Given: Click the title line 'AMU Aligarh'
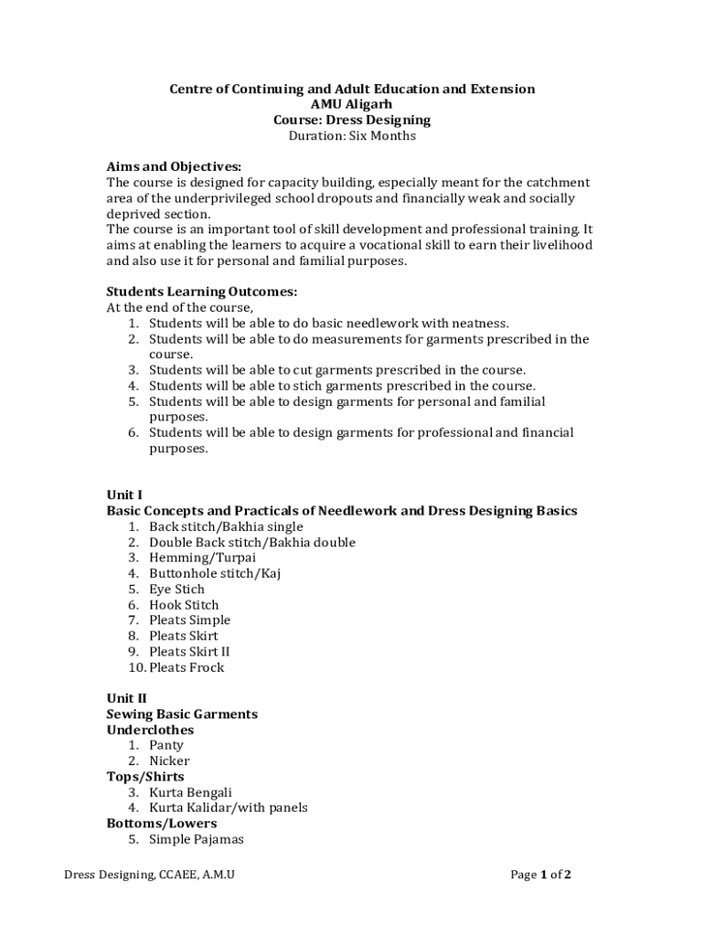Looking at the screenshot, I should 352,104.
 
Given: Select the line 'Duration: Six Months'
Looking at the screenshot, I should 352,136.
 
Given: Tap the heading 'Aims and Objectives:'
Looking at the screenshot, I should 174,166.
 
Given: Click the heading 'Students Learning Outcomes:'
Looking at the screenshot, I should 201,292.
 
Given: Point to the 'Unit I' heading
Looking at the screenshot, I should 124,495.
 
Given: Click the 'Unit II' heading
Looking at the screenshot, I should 126,698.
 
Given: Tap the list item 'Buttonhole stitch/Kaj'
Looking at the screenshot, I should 215,573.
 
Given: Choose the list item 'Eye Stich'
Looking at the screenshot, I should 176,589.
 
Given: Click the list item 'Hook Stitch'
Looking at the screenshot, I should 184,604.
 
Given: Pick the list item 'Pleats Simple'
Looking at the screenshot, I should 189,620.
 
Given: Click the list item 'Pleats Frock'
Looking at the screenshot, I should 187,667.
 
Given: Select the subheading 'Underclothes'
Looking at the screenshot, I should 150,730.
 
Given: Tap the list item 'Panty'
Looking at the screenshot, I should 166,745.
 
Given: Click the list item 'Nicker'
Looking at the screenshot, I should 169,760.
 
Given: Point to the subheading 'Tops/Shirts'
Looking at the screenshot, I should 145,777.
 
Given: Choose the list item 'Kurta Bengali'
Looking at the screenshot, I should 190,792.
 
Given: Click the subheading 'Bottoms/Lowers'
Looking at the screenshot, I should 162,824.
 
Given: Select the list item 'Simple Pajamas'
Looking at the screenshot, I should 196,839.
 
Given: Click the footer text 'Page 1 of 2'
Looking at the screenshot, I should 540,875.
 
